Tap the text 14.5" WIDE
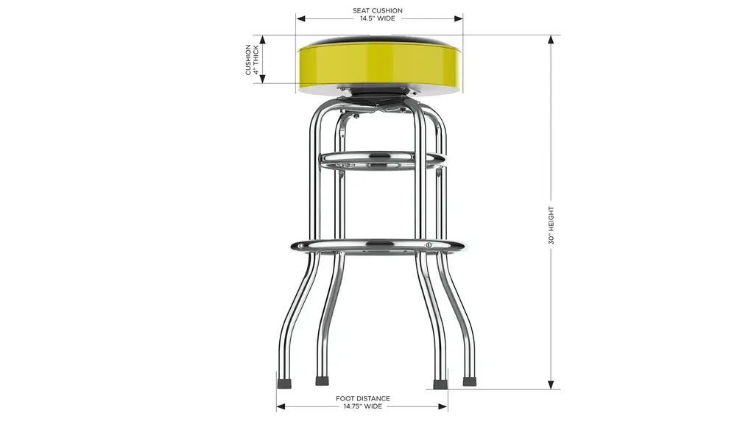click(x=378, y=18)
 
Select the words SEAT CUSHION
click(x=378, y=10)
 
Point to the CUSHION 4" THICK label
click(x=252, y=60)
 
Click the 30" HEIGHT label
click(x=551, y=225)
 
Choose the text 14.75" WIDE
click(x=362, y=406)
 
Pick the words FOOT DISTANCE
click(x=362, y=398)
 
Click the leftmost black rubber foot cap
click(x=285, y=383)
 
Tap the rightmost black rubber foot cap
click(x=469, y=381)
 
